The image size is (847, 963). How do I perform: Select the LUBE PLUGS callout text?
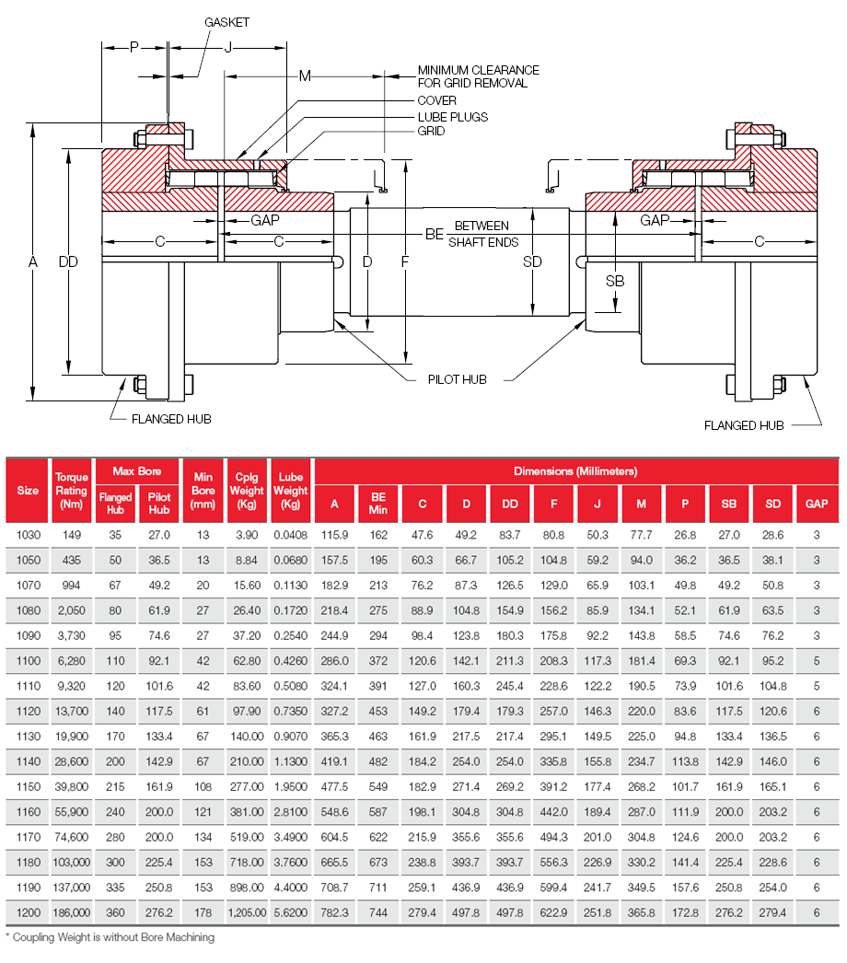[452, 117]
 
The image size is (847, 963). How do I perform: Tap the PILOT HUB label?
[457, 379]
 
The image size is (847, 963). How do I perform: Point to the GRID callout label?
[431, 132]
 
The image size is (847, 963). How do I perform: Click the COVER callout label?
[437, 101]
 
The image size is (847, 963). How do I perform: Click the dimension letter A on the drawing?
[32, 262]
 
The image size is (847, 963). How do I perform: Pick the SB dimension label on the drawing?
[614, 281]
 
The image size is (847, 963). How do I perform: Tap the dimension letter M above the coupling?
[305, 75]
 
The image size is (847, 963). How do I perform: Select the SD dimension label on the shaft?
[532, 262]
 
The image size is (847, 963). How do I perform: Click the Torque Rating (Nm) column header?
[72, 491]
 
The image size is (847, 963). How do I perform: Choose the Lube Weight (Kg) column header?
[291, 491]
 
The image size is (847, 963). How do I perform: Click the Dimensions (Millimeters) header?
[575, 471]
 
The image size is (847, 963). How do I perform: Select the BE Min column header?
[378, 503]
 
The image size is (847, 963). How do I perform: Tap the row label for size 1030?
[28, 534]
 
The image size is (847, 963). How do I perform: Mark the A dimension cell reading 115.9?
[334, 534]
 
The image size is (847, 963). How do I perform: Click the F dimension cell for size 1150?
[553, 786]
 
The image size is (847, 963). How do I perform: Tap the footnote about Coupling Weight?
[110, 937]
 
